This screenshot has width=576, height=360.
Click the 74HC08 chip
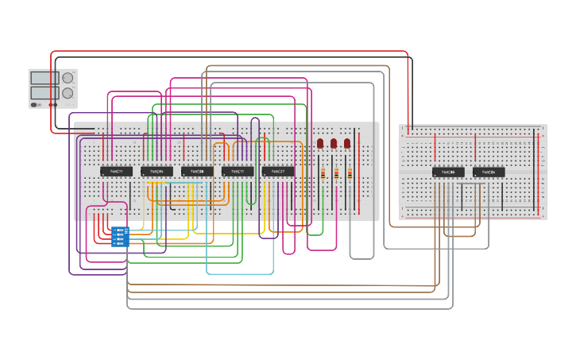pos(197,171)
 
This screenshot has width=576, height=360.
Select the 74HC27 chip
pos(278,171)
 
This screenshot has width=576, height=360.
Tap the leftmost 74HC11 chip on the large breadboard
pos(116,171)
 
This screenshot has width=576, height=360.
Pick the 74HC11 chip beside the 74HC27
pos(238,171)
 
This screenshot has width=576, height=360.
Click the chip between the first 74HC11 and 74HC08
pos(157,171)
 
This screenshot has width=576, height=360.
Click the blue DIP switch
pos(120,237)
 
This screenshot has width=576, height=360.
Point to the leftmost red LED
pos(320,144)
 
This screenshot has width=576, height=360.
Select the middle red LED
pos(334,144)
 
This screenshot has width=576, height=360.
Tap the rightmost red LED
pos(347,144)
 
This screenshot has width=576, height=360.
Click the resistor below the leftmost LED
pos(323,173)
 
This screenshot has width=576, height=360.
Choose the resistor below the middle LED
pos(336,173)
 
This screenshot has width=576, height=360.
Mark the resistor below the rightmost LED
pos(350,173)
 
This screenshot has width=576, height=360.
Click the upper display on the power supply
pos(44,78)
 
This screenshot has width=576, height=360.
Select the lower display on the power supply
pos(44,92)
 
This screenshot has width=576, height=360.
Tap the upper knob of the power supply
pos(68,78)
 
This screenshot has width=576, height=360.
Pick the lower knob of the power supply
pos(68,93)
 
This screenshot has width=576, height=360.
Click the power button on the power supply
pos(34,104)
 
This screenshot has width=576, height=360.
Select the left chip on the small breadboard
pos(448,172)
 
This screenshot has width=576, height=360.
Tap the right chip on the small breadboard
pos(489,172)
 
